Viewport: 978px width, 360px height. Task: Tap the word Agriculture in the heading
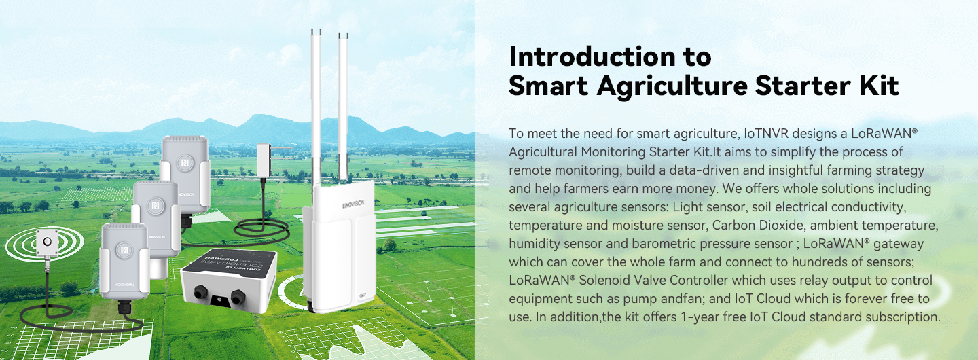click(x=678, y=86)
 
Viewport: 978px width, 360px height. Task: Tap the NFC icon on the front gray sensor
click(x=124, y=249)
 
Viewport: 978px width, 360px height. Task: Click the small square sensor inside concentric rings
click(x=47, y=242)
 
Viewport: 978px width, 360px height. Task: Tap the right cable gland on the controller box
click(x=238, y=298)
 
